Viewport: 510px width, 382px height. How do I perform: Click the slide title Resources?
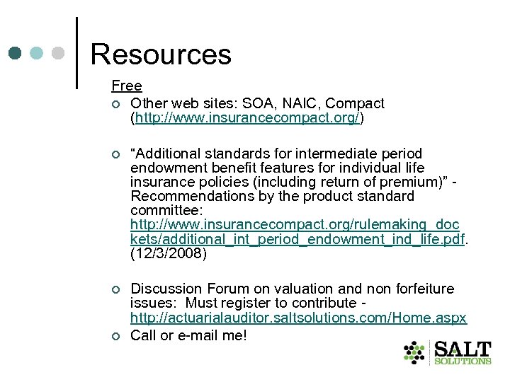click(161, 54)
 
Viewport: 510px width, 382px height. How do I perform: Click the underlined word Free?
click(127, 86)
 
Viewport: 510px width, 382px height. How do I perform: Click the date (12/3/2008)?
click(169, 253)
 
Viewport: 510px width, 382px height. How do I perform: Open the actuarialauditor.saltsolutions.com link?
click(298, 318)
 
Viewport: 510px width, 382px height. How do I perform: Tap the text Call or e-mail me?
click(188, 335)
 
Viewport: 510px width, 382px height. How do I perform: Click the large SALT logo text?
click(463, 349)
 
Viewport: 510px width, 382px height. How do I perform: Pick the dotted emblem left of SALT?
click(414, 352)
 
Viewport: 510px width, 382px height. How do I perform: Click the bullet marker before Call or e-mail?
click(116, 336)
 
